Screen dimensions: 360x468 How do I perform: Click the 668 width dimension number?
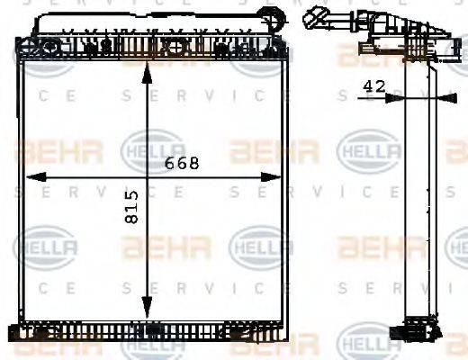[182, 164]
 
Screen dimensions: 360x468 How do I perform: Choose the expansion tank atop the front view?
[148, 22]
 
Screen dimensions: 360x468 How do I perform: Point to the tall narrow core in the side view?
[415, 198]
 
